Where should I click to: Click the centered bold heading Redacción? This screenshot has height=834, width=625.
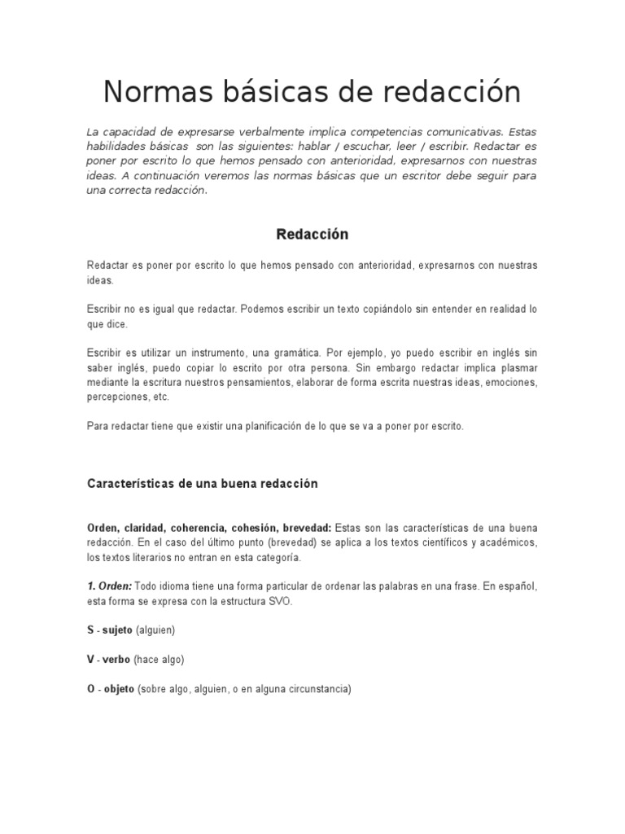[x=312, y=235]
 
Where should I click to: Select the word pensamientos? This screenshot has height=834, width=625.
[x=308, y=383]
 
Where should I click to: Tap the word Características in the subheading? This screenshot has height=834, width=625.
[x=127, y=484]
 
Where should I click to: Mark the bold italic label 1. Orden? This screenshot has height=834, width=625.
[x=109, y=586]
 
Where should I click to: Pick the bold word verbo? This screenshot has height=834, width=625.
[x=116, y=660]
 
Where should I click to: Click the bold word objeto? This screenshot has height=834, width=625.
[x=119, y=689]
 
